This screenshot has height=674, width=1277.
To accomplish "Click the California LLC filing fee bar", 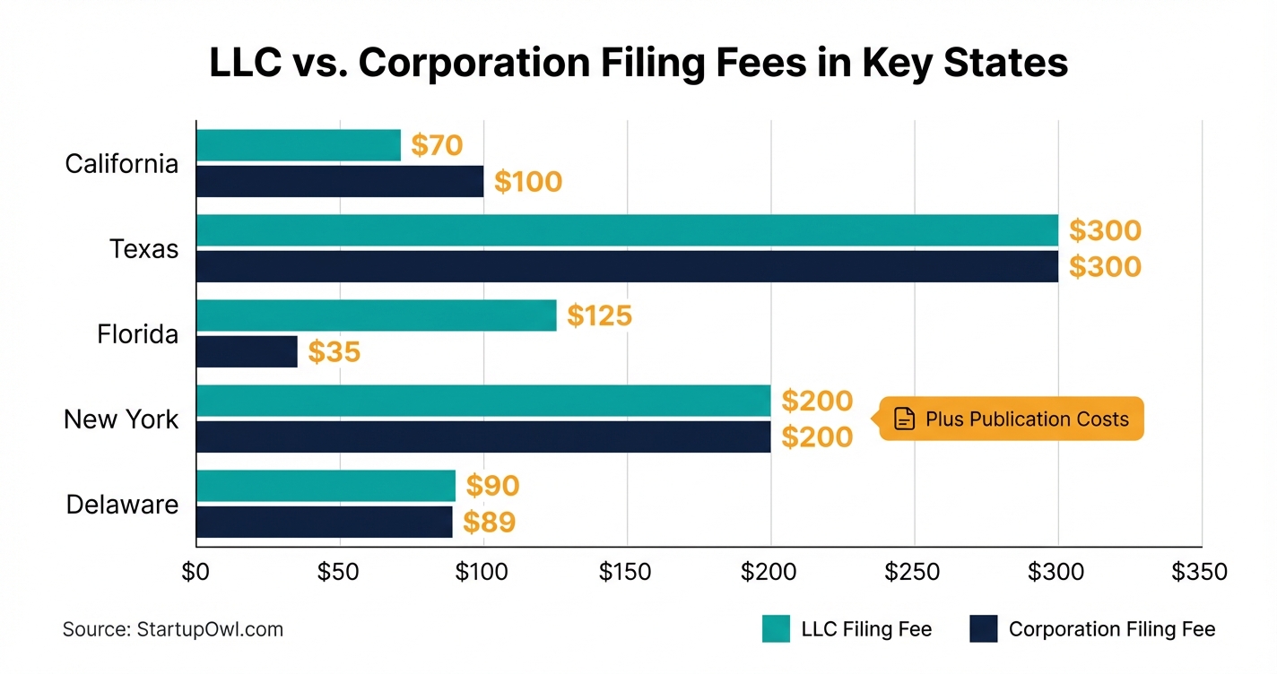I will pos(298,145).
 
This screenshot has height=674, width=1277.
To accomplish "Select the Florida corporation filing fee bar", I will pos(247,351).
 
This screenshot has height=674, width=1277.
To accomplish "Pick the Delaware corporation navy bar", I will pos(324,522).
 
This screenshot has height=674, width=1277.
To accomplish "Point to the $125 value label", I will pos(599,315).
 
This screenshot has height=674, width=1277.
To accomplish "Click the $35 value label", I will pos(334,352).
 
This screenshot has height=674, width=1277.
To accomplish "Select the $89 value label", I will pos(489,523).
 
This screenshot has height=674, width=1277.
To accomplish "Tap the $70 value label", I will pos(436,145).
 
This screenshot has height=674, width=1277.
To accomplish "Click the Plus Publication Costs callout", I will pos(1012,419).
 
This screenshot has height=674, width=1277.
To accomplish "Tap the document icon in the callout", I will pos(905,419).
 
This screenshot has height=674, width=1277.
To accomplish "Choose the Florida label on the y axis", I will pos(137,334).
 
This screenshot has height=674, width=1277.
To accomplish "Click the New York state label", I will pos(121,419).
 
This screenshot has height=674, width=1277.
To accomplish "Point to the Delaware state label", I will pos(122,505).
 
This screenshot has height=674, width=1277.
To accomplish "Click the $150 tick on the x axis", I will pos(626,572).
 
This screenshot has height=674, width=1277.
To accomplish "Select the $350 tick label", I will pos(1200,572).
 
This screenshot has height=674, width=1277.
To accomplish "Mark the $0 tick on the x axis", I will pos(195,572).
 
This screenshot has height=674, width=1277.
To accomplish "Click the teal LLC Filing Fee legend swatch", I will pos(776,629).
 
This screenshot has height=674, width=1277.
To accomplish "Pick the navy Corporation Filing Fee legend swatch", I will pos(983,629).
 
